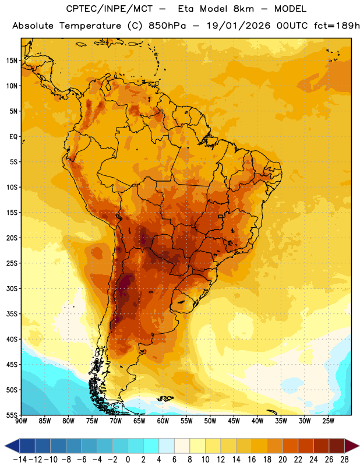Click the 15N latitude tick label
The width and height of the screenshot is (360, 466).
(x=12, y=61)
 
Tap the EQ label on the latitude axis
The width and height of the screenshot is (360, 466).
(x=13, y=137)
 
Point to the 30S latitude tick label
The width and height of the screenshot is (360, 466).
(x=12, y=288)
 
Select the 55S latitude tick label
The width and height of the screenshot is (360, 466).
(x=12, y=415)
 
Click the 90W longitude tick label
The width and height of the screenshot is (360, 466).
(x=21, y=421)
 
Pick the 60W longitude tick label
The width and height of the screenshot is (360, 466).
(x=163, y=421)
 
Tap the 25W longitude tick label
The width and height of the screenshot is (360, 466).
(x=328, y=421)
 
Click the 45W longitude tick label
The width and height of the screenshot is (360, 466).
(x=234, y=421)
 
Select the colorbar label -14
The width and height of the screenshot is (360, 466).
(x=20, y=460)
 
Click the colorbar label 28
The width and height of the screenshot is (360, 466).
(x=344, y=460)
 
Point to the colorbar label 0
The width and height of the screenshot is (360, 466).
(x=128, y=460)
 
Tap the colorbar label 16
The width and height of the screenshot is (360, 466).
(x=252, y=460)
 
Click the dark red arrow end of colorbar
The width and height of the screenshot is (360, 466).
(x=351, y=446)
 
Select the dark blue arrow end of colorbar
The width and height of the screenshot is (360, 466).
(x=12, y=446)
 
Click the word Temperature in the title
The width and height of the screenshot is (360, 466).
(x=90, y=26)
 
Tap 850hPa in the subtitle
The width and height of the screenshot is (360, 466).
(x=167, y=26)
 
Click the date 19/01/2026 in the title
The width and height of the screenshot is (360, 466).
(x=238, y=26)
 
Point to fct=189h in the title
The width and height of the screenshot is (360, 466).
(x=337, y=26)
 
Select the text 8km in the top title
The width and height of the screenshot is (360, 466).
(x=243, y=9)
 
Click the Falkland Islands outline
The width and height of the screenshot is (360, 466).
(x=165, y=399)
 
